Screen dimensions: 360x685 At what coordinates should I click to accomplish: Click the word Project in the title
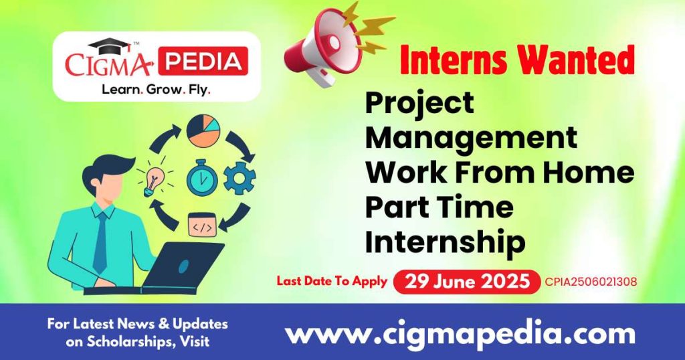coord(419,103)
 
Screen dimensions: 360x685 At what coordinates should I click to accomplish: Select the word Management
coord(471,138)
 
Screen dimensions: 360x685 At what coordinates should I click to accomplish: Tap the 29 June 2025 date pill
coord(466,282)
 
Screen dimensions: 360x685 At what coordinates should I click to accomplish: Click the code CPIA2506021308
coord(591,282)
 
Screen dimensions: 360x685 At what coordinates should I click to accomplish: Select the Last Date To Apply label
coord(332,281)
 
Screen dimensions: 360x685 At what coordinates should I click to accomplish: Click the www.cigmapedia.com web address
coord(460,333)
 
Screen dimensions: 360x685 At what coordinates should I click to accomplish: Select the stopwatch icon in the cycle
coord(201,177)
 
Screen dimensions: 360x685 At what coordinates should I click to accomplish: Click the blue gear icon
coord(239,178)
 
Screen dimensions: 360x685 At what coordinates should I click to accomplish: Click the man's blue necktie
coord(100,242)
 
